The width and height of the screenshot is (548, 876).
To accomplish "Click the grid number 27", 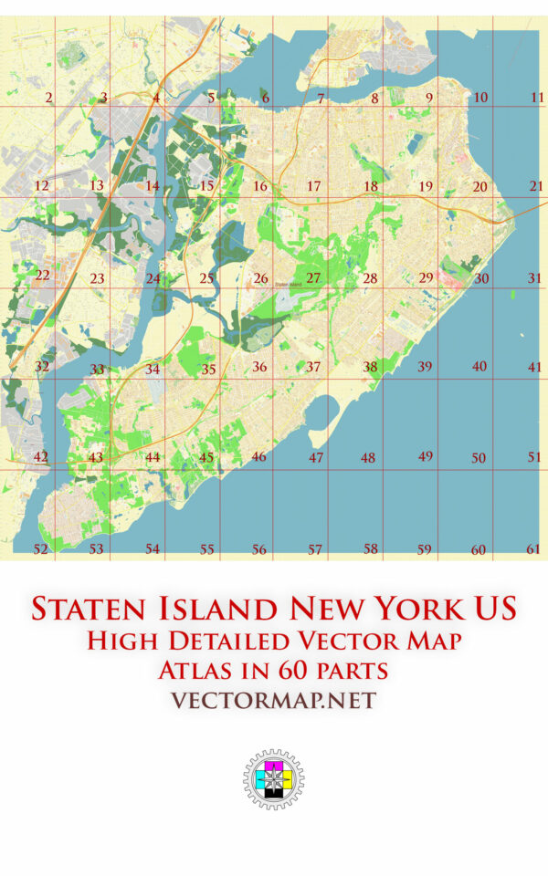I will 313,277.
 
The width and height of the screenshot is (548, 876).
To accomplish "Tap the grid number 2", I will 48,98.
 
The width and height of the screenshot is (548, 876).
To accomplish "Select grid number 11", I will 537,97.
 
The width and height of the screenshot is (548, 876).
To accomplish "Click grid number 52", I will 40,548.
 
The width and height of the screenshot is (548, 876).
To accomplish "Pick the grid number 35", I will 209,370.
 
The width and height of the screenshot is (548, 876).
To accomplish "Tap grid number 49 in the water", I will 426,455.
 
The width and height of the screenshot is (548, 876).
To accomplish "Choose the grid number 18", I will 370,186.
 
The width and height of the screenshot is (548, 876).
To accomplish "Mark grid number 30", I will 481,278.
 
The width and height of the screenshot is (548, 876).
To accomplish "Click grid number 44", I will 153,457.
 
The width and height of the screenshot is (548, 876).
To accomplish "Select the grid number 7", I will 321,98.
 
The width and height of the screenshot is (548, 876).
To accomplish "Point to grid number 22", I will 42,274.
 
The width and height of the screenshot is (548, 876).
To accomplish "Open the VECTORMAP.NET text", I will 273,700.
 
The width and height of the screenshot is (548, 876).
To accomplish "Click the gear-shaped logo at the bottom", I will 273,780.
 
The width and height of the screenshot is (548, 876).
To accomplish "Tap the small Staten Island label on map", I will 289,285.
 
